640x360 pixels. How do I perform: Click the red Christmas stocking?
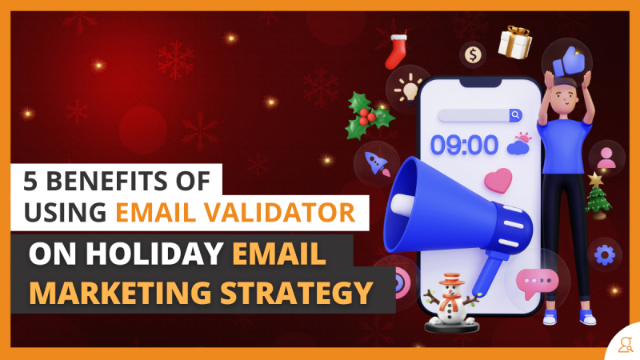pos(396,51)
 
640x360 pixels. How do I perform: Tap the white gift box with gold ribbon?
pos(514,42)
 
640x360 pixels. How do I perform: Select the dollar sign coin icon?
pos(473,54)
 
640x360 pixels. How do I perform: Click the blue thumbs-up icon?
pos(569,62)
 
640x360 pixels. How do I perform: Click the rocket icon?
pos(377,164)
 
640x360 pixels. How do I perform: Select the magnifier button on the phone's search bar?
pos(515,115)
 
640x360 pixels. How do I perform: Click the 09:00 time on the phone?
pos(465,146)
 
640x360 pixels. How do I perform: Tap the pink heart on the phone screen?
pos(498,180)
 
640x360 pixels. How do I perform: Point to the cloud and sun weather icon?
pos(519,143)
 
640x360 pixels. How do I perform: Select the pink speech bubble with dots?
pos(536,283)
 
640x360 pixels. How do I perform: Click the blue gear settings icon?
pos(605,255)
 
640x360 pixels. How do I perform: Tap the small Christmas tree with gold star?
pos(598,196)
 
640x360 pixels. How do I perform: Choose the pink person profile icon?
pos(606,158)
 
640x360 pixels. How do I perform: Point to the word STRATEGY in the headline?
pos(296,293)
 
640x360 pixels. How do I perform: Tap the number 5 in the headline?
pos(30,181)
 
